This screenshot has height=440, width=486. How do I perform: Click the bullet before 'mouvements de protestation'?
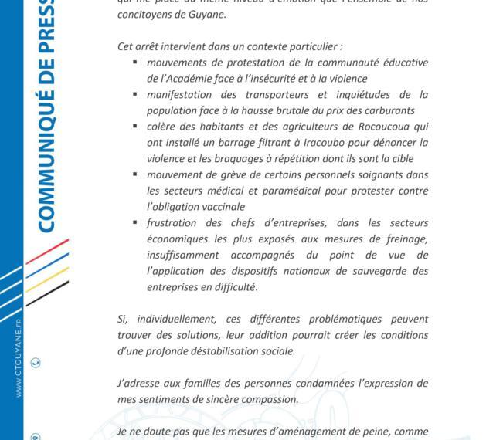135,62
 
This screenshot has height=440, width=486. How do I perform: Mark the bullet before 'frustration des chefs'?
135,223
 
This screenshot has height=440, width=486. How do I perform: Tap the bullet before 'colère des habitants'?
135,127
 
